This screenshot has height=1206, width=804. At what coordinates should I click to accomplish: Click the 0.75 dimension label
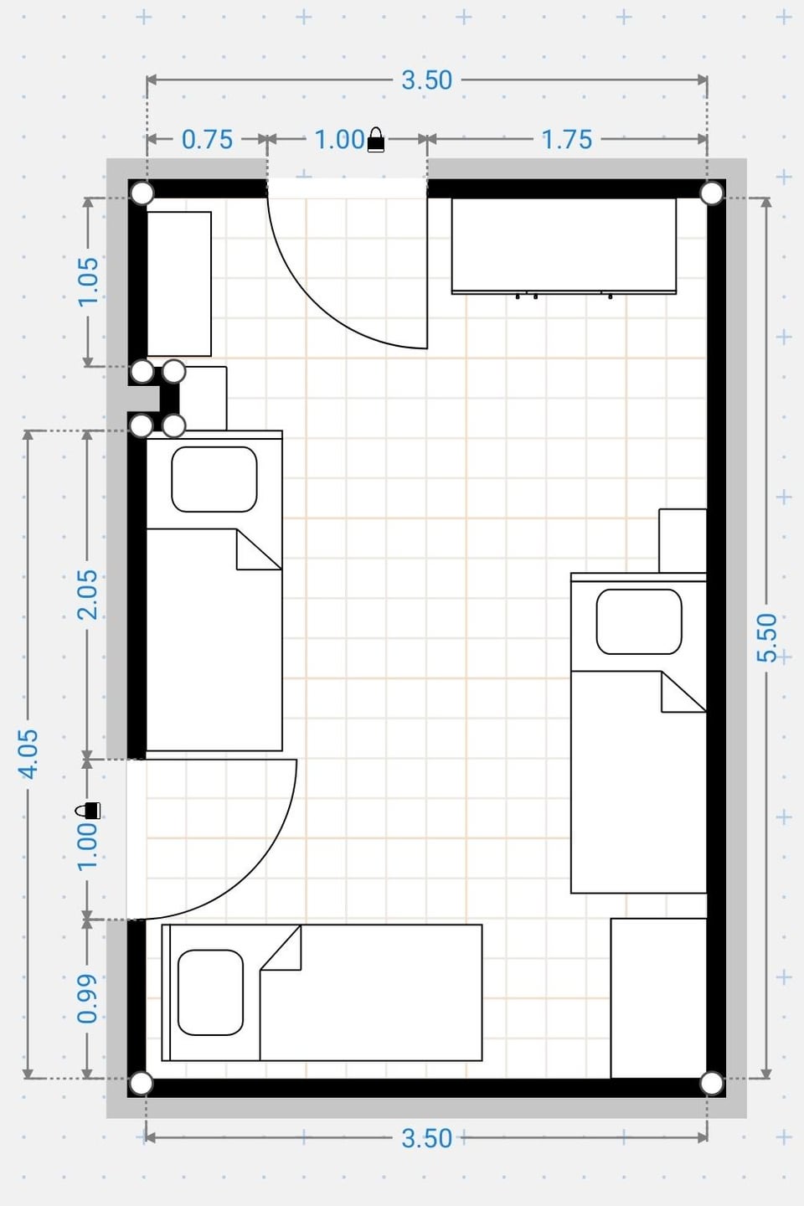(x=208, y=139)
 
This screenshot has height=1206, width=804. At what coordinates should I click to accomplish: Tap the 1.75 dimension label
(x=566, y=139)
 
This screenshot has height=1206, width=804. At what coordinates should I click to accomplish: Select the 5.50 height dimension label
(x=767, y=637)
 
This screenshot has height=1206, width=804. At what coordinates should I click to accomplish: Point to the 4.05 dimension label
(x=28, y=754)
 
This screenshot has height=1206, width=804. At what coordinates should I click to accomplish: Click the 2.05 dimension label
(x=89, y=595)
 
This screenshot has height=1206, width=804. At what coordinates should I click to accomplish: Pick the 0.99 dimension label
(x=88, y=998)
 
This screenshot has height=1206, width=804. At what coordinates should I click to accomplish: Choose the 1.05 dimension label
(x=89, y=282)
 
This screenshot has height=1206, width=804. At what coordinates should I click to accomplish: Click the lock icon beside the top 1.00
(x=376, y=140)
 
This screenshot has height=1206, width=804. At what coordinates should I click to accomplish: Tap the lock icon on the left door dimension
(x=88, y=811)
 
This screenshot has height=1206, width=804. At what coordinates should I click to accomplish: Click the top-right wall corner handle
(x=712, y=193)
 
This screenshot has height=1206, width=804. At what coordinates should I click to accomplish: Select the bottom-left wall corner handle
(x=142, y=1084)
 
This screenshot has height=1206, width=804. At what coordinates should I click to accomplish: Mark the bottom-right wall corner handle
(x=712, y=1084)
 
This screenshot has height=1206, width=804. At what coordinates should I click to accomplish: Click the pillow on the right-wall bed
(x=639, y=621)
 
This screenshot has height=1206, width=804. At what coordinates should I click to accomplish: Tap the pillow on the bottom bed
(x=210, y=992)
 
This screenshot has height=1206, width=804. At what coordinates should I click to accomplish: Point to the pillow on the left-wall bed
(x=214, y=479)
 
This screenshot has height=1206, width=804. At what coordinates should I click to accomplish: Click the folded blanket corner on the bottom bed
(x=281, y=948)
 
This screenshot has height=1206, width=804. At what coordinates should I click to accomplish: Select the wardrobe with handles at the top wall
(x=564, y=246)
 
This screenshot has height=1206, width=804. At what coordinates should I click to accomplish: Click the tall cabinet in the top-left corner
(x=179, y=284)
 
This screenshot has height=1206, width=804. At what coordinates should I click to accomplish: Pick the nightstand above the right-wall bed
(x=683, y=540)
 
